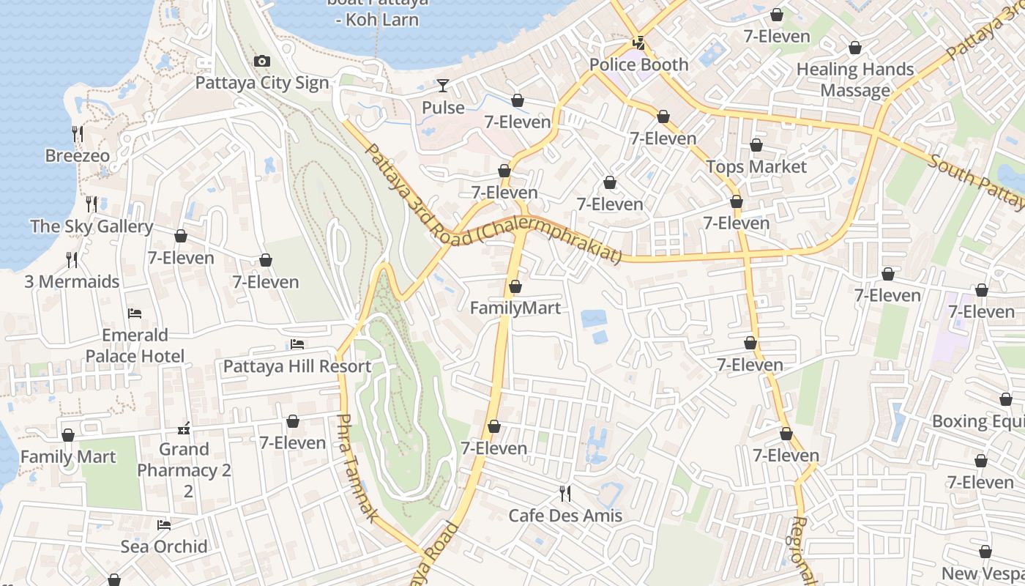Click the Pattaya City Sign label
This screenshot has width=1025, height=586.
[x=262, y=83]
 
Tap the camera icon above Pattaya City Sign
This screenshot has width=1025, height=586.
[x=261, y=62]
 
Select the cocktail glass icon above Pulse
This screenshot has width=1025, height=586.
[x=443, y=86]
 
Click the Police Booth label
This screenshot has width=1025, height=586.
[x=639, y=64]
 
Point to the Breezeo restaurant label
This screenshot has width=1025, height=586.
[x=78, y=155]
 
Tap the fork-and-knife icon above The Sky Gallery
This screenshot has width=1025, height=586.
[x=92, y=204]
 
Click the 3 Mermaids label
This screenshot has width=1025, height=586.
[x=72, y=281]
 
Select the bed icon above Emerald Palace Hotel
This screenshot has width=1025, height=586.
[x=135, y=314]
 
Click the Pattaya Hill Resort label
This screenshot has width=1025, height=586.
[x=297, y=366]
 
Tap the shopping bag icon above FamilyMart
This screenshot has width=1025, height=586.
[x=515, y=286]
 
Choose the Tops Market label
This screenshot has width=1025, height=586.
[x=756, y=166]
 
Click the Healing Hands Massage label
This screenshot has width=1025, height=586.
[x=855, y=80]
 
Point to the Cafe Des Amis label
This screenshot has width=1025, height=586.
[x=565, y=515]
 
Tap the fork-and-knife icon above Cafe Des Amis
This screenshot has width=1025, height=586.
[x=564, y=493]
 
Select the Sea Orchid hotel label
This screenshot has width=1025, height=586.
[x=164, y=546]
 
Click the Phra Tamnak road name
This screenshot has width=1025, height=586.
[x=357, y=469]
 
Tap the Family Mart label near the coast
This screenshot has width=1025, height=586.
[x=68, y=456]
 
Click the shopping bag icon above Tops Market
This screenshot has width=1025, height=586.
[x=756, y=145]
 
